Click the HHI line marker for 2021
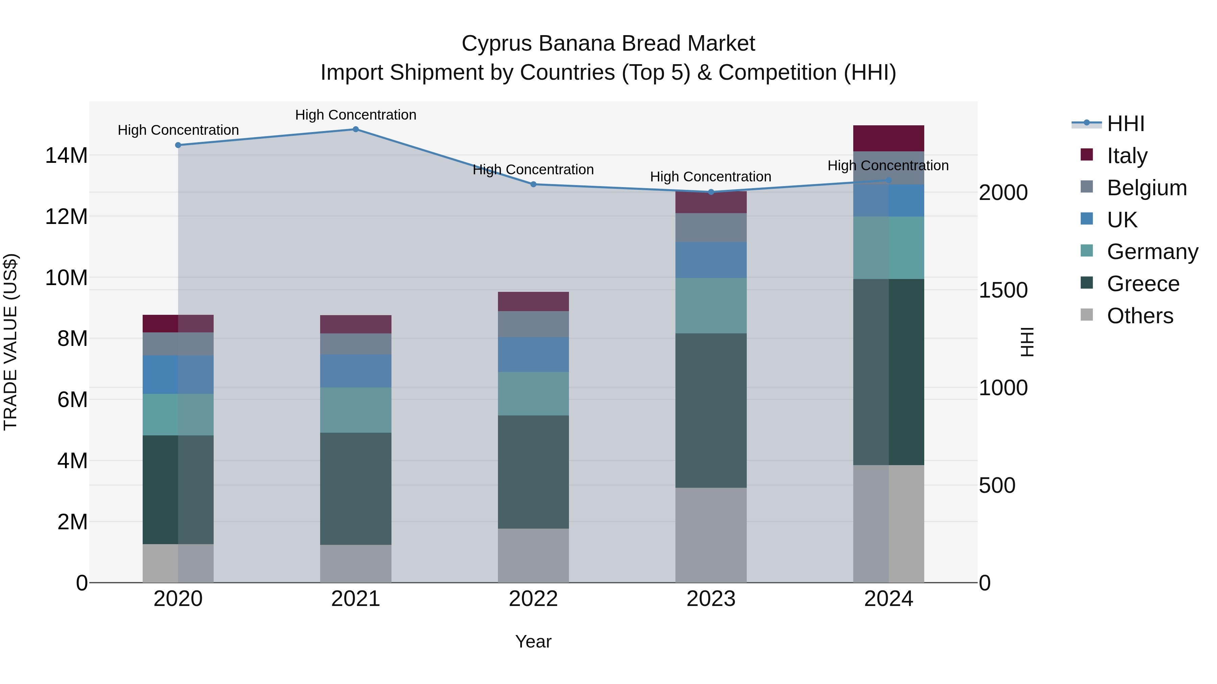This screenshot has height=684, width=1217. (356, 129)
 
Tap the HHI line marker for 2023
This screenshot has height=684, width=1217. (711, 192)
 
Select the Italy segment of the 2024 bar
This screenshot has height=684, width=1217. (888, 138)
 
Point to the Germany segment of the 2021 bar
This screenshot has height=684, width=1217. (356, 410)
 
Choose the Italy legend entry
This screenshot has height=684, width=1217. (1127, 156)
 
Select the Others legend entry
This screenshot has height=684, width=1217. (1140, 316)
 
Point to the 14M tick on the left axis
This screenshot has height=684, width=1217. (66, 156)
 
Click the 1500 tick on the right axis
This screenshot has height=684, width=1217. (1003, 290)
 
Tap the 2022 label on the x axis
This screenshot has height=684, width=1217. (533, 599)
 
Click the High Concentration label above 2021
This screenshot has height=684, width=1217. (356, 115)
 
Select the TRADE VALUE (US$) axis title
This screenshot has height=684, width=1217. (10, 342)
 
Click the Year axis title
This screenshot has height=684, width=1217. (533, 641)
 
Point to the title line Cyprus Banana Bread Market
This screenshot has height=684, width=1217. (608, 44)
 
